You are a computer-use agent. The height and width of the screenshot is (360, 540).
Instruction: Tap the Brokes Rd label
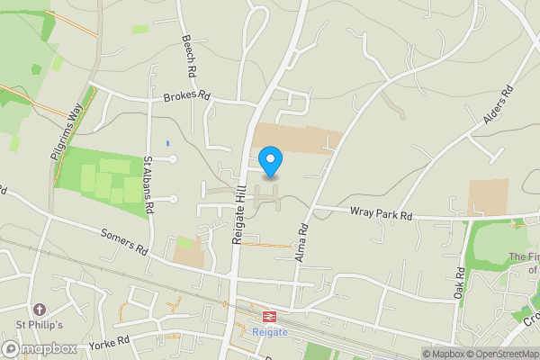coord(186,95)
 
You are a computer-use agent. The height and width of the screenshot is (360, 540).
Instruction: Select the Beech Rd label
coord(190,55)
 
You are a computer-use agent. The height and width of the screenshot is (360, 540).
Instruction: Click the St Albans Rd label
coord(149,183)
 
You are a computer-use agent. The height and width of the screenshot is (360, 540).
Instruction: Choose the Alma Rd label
coord(301,242)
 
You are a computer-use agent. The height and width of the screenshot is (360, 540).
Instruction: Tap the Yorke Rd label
coord(110,343)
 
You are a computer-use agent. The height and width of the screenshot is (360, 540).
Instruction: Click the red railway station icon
coord(269,317)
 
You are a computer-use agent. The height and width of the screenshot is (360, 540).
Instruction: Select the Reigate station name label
coord(269,332)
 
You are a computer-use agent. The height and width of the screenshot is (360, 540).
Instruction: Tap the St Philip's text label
coord(38,325)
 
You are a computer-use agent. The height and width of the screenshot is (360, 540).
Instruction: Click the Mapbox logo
coord(40,348)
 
